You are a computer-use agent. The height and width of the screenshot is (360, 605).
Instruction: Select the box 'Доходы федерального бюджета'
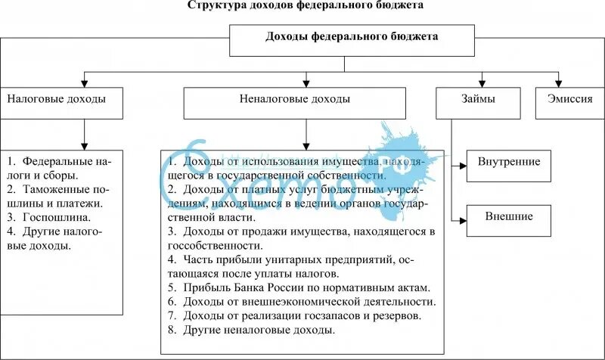[352, 37]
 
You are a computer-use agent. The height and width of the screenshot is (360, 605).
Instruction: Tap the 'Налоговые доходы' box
[60, 102]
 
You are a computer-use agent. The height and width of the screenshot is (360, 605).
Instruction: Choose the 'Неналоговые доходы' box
[306, 102]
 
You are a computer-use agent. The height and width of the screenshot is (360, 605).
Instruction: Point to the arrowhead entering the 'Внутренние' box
[462, 165]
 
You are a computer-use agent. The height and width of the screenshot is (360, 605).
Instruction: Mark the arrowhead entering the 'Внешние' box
[462, 219]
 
